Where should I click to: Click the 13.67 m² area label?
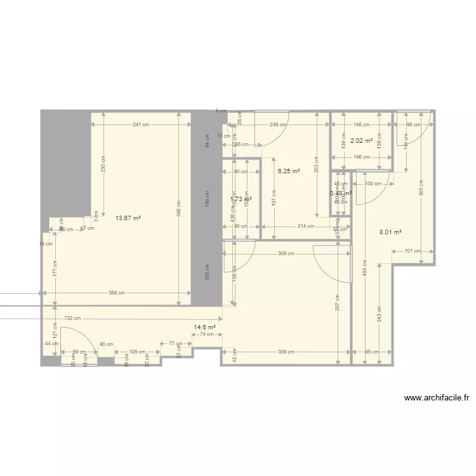coord(128,218)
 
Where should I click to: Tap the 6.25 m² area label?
coord(289,171)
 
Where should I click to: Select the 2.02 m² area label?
coord(361,141)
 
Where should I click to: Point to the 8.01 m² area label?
coord(390,232)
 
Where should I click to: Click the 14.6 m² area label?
coord(204,327)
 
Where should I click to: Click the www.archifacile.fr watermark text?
coord(437,399)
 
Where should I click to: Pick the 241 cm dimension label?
coord(141,125)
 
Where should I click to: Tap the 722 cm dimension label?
coord(72,318)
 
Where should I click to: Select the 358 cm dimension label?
coord(116,293)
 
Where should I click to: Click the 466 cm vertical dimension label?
coord(179,208)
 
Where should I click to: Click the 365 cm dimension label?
coord(421,188)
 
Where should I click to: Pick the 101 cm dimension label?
coord(412,251)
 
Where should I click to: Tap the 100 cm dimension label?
coord(373,184)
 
